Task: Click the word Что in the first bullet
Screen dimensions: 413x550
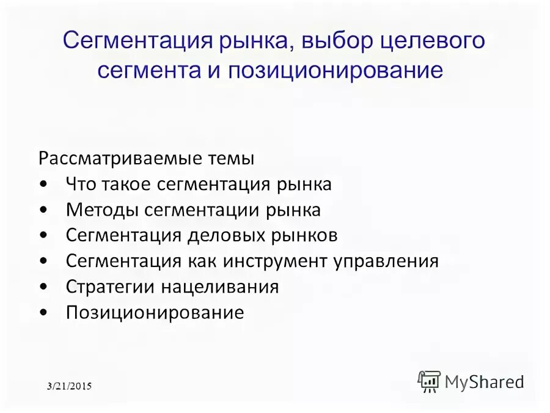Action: coord(81,185)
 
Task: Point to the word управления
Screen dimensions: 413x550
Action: coord(386,261)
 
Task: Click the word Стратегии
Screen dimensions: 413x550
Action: coord(111,287)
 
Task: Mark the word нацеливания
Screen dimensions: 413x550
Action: coord(220,287)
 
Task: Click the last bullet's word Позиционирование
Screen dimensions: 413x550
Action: coord(155,313)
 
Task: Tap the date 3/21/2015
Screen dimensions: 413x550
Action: coord(70,386)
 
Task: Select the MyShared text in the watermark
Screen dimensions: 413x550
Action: coord(484,382)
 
